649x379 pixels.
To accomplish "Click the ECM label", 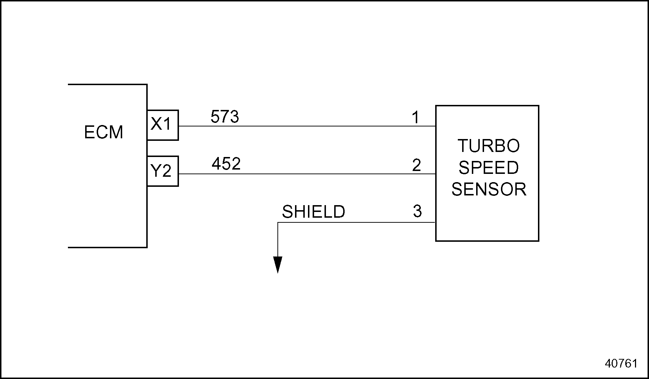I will click(x=103, y=132).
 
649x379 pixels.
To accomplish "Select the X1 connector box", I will click(x=162, y=125).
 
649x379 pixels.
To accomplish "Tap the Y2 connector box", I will click(x=162, y=171).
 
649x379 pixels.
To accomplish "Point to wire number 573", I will click(x=225, y=117).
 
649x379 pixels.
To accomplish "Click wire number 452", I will click(x=226, y=164).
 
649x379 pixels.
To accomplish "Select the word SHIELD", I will click(x=313, y=212).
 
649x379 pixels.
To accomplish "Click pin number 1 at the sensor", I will click(x=416, y=118).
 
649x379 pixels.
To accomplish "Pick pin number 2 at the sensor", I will click(x=416, y=165).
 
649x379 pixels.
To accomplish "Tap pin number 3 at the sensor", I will click(x=417, y=211).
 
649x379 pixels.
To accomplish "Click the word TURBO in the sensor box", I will click(x=488, y=146).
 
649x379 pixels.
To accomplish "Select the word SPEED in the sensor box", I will click(x=488, y=168).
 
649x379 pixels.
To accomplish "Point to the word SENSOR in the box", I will click(x=489, y=189).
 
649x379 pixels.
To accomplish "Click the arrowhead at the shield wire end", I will click(x=278, y=264).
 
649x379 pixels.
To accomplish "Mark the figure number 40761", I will click(x=621, y=363).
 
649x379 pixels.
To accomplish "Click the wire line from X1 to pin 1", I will click(x=305, y=126).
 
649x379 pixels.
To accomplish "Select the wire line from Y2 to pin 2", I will click(x=305, y=174).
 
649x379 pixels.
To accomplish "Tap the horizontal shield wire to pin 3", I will click(x=356, y=222).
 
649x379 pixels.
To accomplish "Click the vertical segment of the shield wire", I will click(x=278, y=239).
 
